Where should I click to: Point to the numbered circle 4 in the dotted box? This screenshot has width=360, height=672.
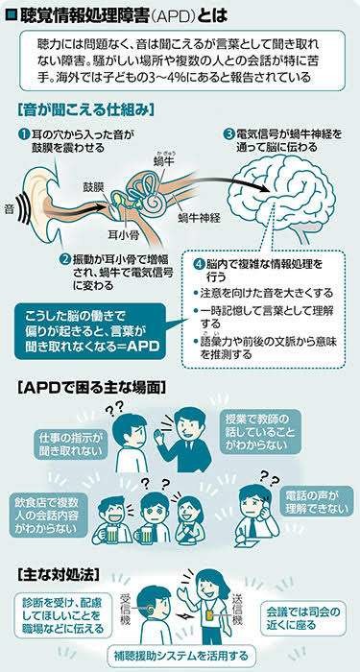coord(197,263)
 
